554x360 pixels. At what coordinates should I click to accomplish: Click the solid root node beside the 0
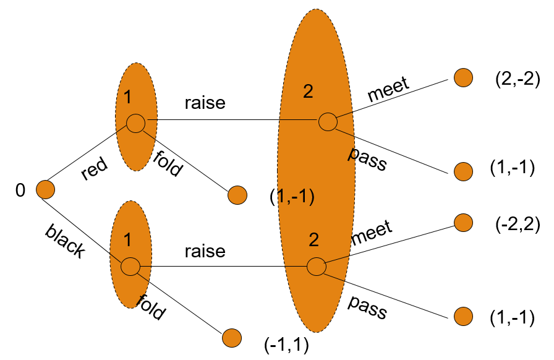[45, 189]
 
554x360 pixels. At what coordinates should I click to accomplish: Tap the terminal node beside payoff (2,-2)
[463, 77]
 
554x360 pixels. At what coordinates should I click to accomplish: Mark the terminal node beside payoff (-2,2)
[463, 221]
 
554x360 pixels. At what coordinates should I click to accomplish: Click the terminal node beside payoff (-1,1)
[231, 338]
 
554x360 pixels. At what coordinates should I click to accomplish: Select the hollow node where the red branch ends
[135, 122]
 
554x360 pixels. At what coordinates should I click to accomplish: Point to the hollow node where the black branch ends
[130, 267]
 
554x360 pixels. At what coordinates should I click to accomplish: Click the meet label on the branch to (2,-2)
[389, 90]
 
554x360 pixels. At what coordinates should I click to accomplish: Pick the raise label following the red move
[205, 103]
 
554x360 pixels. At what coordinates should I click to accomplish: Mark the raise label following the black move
[205, 251]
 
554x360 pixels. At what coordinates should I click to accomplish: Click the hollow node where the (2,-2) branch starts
[328, 122]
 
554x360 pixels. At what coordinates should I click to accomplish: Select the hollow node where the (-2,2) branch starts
[316, 267]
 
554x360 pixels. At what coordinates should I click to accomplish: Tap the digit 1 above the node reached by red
[127, 97]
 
